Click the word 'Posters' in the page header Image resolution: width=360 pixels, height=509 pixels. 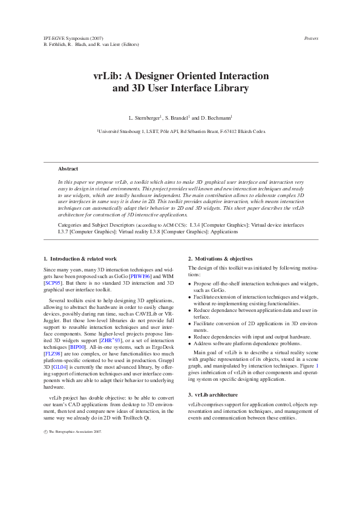(310, 38)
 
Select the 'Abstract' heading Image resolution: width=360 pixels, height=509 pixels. (68, 169)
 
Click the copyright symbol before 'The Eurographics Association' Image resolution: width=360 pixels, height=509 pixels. (46, 432)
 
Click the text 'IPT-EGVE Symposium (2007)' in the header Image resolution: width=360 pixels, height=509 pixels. (69, 38)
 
